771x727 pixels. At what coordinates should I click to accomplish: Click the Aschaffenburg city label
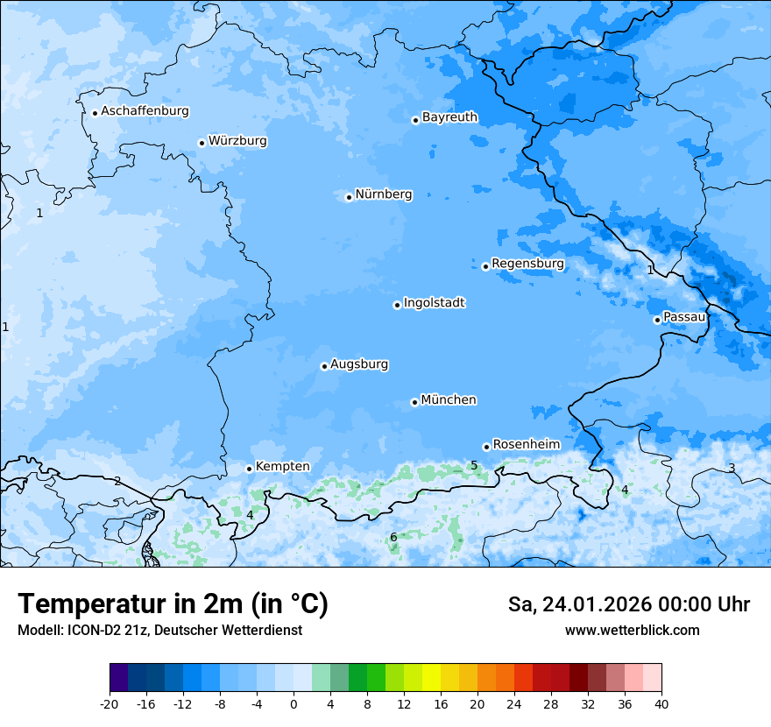(145, 111)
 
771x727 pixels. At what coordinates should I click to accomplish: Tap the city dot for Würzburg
(202, 143)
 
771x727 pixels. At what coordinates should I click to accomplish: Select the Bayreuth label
(449, 117)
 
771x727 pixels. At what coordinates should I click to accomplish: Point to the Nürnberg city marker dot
(349, 197)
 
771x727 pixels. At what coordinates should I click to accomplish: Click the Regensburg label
(527, 264)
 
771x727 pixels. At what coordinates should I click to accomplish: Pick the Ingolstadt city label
(434, 303)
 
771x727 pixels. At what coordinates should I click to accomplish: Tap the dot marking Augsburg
(324, 366)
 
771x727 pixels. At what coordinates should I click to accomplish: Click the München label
(449, 400)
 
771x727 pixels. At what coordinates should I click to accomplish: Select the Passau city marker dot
(657, 320)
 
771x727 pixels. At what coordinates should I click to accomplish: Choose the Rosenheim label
(526, 445)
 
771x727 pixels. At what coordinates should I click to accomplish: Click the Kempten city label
(282, 467)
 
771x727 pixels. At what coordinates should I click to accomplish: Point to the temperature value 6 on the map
(393, 537)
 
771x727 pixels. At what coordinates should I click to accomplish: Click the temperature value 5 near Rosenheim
(474, 465)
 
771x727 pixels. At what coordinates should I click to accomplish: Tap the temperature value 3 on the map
(732, 468)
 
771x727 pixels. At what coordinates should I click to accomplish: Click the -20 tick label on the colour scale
(110, 704)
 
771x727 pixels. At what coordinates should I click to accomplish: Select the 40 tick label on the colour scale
(661, 704)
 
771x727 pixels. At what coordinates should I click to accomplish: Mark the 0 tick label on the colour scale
(294, 704)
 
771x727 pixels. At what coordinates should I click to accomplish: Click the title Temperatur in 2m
(173, 604)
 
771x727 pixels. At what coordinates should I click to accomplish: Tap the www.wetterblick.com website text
(632, 631)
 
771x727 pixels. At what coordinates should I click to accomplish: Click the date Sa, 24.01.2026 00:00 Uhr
(628, 604)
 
